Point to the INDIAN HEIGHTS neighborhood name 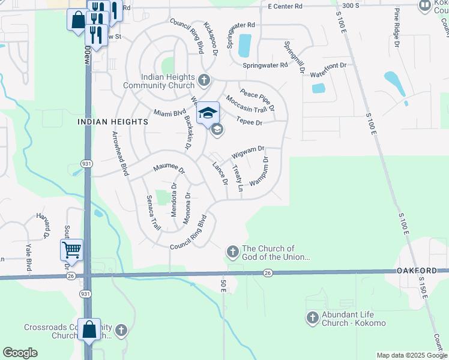click(113, 122)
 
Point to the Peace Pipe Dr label click(258, 99)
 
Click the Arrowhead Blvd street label click(120, 154)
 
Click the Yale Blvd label click(28, 257)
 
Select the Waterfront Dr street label click(327, 65)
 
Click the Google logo click(20, 353)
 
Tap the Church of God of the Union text click(276, 253)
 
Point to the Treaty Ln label click(237, 178)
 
